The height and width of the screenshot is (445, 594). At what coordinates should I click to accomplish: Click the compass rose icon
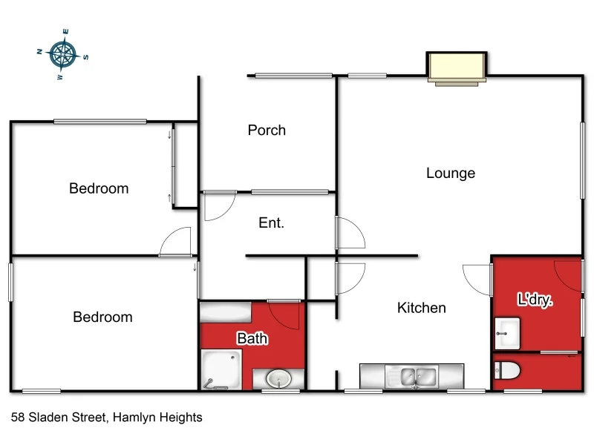[x=63, y=53]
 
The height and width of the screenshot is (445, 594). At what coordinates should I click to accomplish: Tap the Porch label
[x=267, y=131]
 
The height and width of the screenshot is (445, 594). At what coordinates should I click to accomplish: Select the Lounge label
[x=451, y=174]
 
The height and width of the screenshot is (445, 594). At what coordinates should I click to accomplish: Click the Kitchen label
[x=422, y=308]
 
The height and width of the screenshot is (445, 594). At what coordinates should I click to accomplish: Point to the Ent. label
[x=271, y=222]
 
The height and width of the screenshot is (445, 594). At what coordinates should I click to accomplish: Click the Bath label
[x=252, y=339]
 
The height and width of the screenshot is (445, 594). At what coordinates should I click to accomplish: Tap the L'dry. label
[x=536, y=300]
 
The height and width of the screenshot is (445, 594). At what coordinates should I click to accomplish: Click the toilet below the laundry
[x=509, y=371]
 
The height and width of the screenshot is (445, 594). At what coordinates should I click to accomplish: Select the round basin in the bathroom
[x=278, y=379]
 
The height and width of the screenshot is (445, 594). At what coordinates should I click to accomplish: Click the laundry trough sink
[x=508, y=333]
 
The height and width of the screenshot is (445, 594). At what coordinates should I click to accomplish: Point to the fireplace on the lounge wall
[x=457, y=67]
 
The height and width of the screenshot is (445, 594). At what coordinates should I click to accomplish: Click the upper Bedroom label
[x=99, y=188]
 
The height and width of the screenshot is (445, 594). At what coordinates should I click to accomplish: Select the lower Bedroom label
[x=102, y=317]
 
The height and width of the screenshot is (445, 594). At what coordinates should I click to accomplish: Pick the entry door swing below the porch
[x=219, y=207]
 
